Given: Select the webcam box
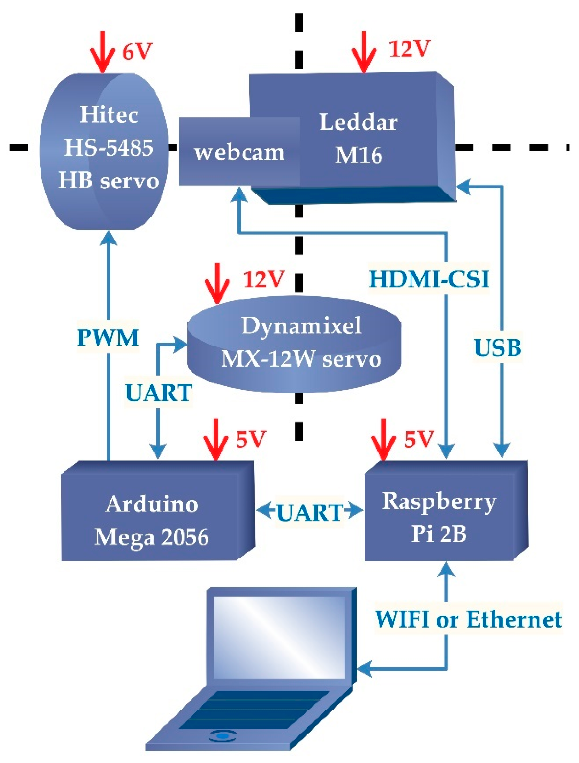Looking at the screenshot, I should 239,152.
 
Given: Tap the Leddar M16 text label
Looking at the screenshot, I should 359,138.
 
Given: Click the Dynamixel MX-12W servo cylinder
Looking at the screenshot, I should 294,343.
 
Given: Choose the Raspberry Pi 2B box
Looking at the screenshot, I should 440,517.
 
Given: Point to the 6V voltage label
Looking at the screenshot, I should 137,52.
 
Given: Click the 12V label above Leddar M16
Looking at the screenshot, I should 410,48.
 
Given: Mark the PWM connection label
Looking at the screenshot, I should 108,337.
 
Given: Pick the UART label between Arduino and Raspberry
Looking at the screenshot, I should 310,512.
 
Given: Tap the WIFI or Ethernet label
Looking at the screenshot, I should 468,619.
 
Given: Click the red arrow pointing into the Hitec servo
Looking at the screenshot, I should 102,52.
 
